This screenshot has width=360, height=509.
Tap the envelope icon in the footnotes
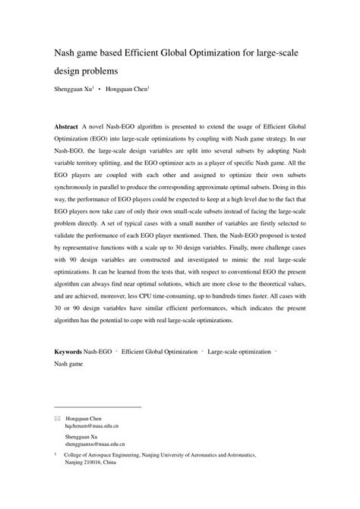tap(57, 419)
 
